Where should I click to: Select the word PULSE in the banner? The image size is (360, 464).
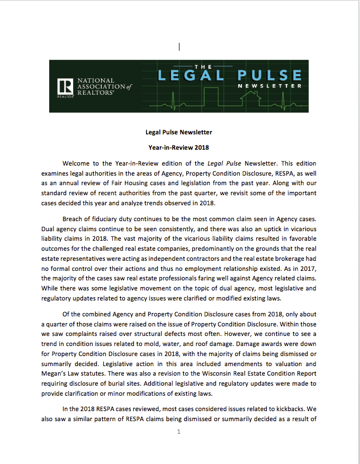coord(269,75)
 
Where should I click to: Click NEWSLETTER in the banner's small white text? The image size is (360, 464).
coord(269,86)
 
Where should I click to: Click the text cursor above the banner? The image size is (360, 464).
coord(180,47)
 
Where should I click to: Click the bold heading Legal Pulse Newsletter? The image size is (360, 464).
coord(179,132)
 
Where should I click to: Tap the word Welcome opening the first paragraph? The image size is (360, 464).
coord(76,163)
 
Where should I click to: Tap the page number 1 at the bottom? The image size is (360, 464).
coord(179,431)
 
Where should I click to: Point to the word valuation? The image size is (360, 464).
coord(289,363)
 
